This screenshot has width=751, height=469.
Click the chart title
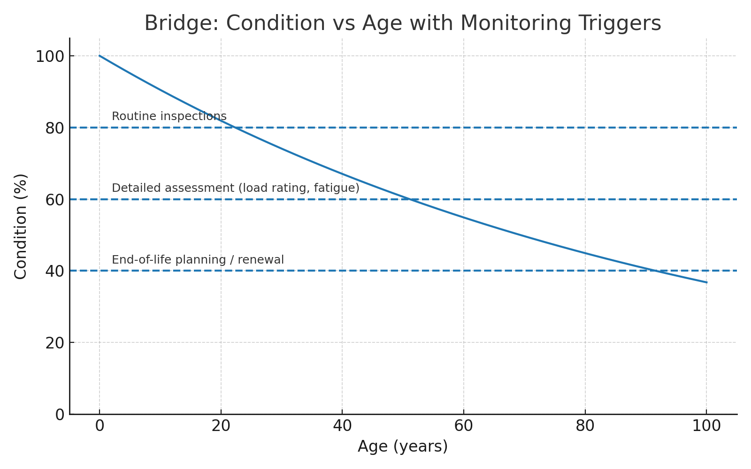click(x=402, y=23)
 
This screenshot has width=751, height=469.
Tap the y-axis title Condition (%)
click(x=21, y=226)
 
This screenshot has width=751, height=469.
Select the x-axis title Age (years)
click(x=402, y=446)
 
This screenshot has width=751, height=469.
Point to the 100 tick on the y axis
click(x=50, y=57)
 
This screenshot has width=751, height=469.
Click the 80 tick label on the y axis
click(x=54, y=128)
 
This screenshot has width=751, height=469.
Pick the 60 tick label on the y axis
click(x=54, y=200)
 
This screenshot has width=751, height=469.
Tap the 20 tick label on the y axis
click(x=54, y=343)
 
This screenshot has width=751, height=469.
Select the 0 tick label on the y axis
click(x=60, y=415)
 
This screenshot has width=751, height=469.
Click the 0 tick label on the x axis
click(x=100, y=426)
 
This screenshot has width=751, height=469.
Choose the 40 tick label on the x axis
click(x=342, y=426)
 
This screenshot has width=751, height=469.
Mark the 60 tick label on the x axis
click(x=464, y=426)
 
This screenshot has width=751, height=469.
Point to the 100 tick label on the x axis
click(x=706, y=426)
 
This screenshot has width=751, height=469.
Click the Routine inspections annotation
click(x=169, y=116)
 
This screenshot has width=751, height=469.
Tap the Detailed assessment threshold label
click(x=235, y=188)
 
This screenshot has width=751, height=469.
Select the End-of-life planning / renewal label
click(x=198, y=260)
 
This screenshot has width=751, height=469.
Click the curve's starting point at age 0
click(x=100, y=56)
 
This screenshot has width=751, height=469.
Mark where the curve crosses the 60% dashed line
click(x=410, y=199)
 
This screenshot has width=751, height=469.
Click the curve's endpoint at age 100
click(x=706, y=282)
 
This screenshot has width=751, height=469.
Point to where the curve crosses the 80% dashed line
click(x=235, y=128)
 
